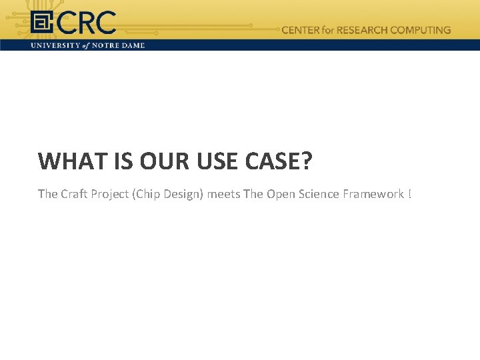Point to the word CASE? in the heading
tap(284, 161)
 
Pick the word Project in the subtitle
tap(111, 194)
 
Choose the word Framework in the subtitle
tap(373, 194)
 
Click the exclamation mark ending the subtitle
tap(410, 194)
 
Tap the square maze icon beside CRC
tap(42, 24)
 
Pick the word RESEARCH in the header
tap(364, 30)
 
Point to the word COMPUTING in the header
tap(420, 30)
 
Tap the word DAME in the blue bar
tap(133, 45)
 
